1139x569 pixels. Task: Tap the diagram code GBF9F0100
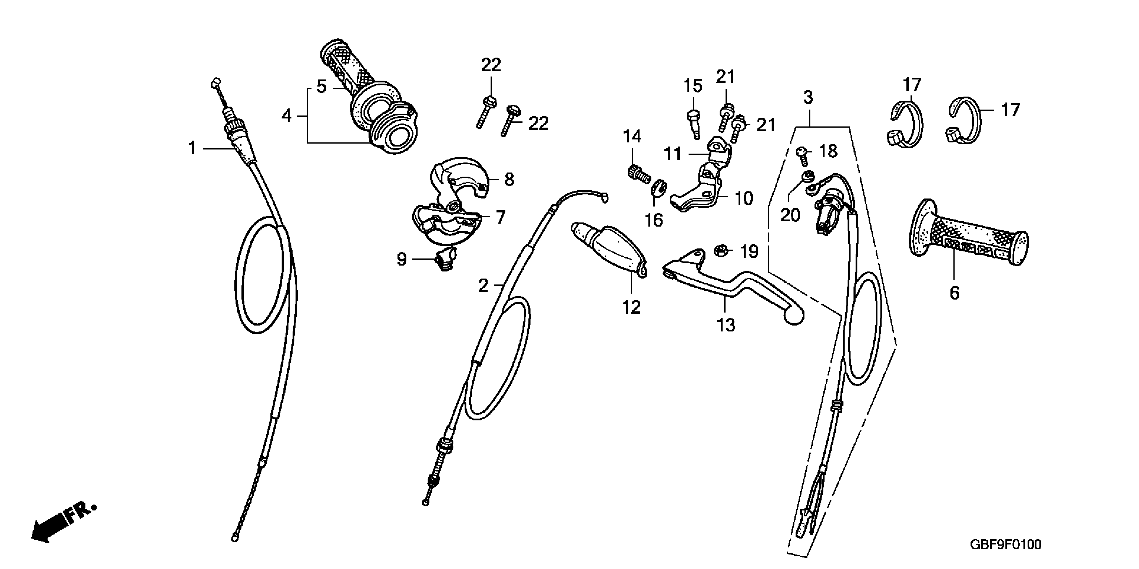[x=1005, y=544]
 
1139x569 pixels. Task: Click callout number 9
[x=401, y=259]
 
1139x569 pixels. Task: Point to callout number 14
[x=632, y=136]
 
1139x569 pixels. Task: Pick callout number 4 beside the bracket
[x=287, y=116]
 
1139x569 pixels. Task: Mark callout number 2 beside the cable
[x=483, y=286]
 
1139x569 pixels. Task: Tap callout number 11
[x=673, y=154]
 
